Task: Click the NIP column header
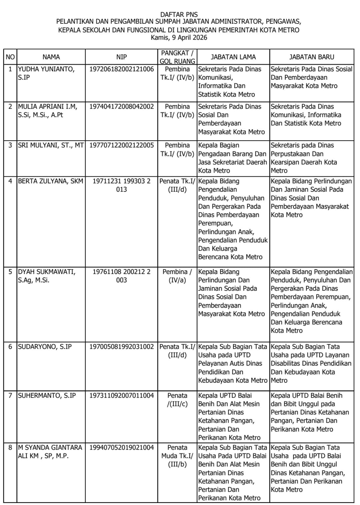pos(121,57)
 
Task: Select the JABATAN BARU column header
pos(311,57)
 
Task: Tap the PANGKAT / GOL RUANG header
pos(177,57)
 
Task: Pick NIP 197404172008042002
pos(121,107)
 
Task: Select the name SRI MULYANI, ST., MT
pos(51,145)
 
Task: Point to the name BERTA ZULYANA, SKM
pos(50,181)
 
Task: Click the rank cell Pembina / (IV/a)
pos(177,276)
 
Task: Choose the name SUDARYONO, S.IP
pos(45,347)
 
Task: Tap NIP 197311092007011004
pos(121,396)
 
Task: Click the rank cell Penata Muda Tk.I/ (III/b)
pos(177,456)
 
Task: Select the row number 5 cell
pos(10,272)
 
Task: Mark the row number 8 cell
pos(10,447)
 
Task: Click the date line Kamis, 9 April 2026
pos(179,38)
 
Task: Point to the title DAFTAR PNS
pos(179,14)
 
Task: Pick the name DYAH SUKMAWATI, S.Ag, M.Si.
pos(46,276)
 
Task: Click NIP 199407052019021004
pos(121,447)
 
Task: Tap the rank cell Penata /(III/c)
pos(177,400)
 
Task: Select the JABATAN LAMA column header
pos(233,57)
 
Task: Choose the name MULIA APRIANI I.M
pos(47,111)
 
